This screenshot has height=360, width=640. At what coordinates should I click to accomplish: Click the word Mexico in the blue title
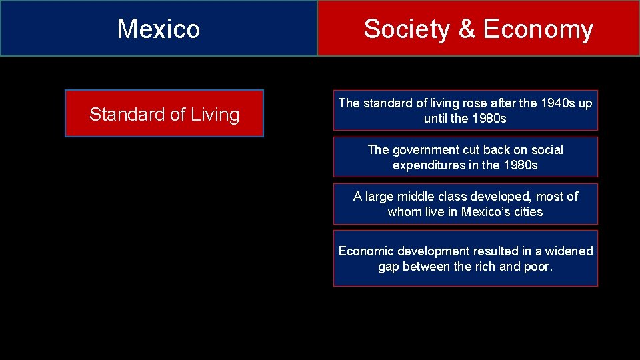tap(159, 29)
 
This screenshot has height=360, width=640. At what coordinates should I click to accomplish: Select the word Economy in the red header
tap(537, 29)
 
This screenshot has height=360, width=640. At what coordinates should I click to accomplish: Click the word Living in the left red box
tap(215, 115)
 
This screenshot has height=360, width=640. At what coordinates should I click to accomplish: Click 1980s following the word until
tap(489, 119)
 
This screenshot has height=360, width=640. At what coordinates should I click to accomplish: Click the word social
tap(547, 150)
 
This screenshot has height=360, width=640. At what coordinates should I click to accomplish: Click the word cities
tap(528, 212)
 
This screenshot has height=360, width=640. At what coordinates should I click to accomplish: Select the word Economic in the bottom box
tap(366, 251)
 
